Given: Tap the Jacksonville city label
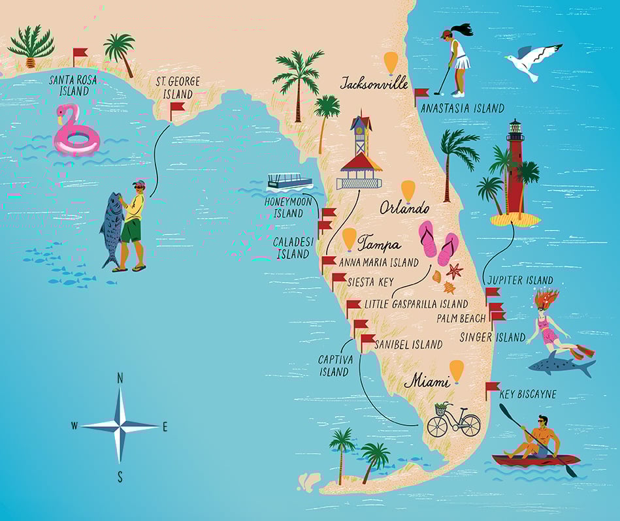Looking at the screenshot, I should (374, 83).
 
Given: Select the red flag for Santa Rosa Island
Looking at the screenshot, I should (80, 52).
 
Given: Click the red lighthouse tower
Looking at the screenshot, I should (515, 170).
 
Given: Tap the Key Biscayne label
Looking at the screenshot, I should (528, 395).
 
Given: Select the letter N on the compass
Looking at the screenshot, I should (120, 378).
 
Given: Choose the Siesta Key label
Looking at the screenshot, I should (370, 282).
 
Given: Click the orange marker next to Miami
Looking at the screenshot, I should (456, 370).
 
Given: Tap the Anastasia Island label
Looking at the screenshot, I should (463, 108).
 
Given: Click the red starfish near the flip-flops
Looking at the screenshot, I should (454, 270).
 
